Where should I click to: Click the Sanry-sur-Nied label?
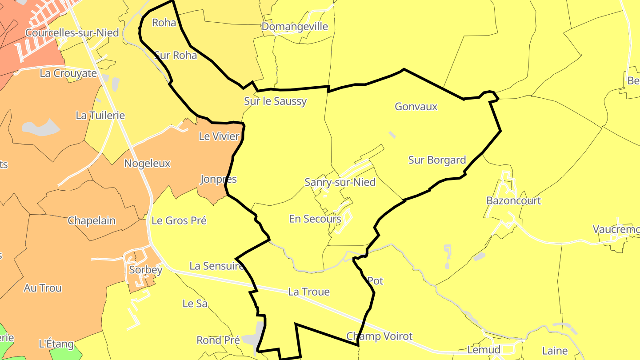340,182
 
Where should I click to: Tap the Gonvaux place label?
416,107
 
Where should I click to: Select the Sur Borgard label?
437,160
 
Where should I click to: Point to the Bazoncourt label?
513,200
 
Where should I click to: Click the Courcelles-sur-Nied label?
72,33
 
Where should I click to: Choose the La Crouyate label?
68,73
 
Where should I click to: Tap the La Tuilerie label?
100,116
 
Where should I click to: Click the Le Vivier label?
219,136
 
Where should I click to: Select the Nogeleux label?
147,164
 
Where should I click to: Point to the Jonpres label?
218,180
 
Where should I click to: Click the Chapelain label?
92,221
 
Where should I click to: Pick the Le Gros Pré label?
179,220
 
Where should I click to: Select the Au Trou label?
43,288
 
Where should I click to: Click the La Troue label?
309,292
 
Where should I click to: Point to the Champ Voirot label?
380,336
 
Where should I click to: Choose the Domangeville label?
295,27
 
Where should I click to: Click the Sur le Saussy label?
276,101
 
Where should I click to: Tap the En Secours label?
315,219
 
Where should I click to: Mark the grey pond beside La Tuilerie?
41,128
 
